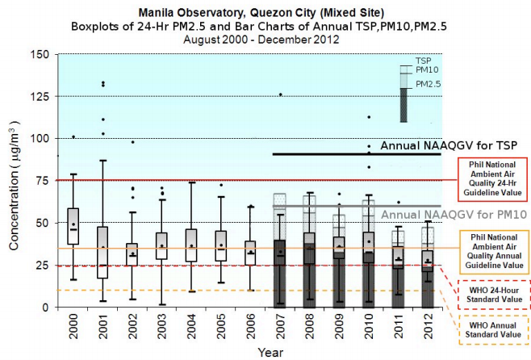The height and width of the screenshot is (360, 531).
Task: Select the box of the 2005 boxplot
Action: [220, 245]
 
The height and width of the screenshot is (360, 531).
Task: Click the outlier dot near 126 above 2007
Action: [280, 94]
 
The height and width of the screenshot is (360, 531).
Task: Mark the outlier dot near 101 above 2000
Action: [73, 136]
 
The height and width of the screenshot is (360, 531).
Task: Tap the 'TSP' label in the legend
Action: [423, 61]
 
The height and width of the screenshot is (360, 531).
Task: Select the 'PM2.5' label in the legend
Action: [429, 84]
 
